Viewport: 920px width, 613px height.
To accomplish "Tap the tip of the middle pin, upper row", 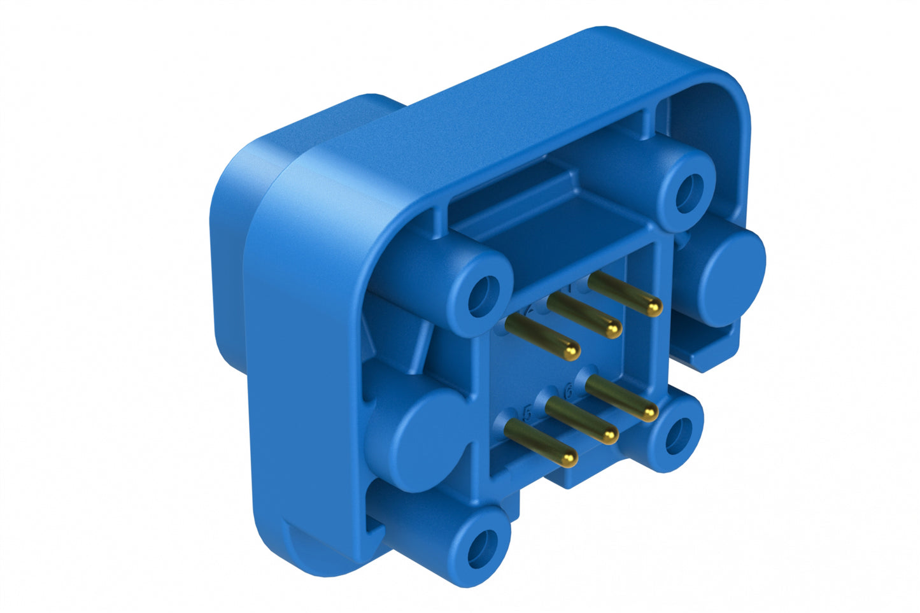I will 613,329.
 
